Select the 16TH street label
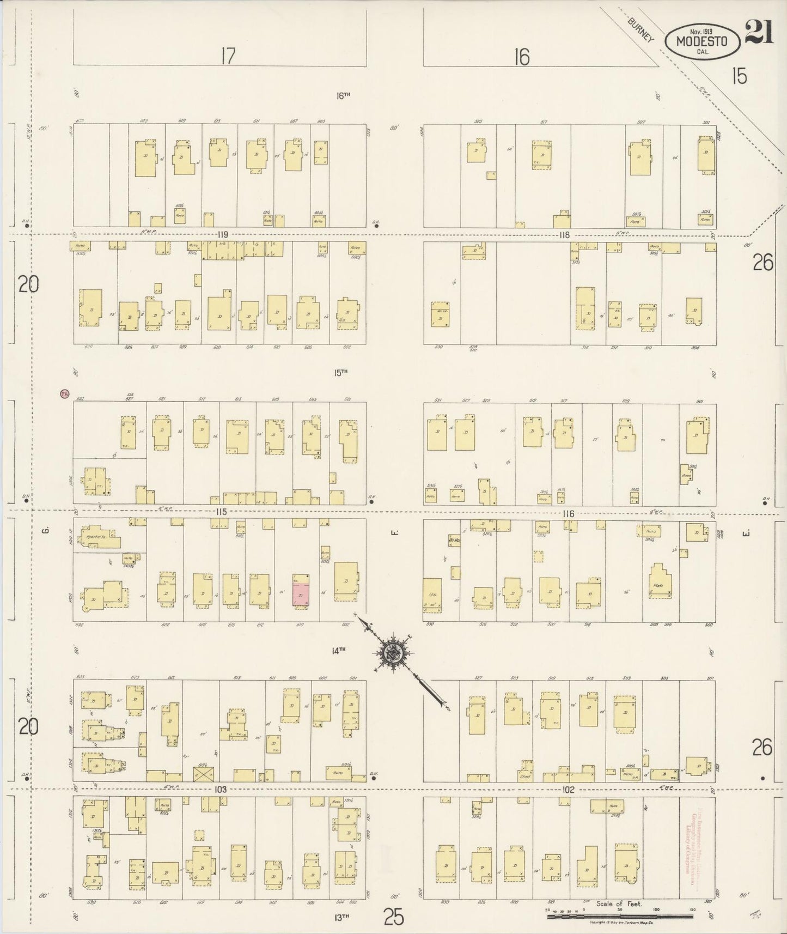[343, 95]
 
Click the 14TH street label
[339, 650]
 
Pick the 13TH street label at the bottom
[341, 917]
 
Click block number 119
[222, 235]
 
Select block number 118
[563, 235]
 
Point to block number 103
[220, 789]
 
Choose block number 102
[569, 789]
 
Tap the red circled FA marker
[64, 393]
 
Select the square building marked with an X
[204, 774]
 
